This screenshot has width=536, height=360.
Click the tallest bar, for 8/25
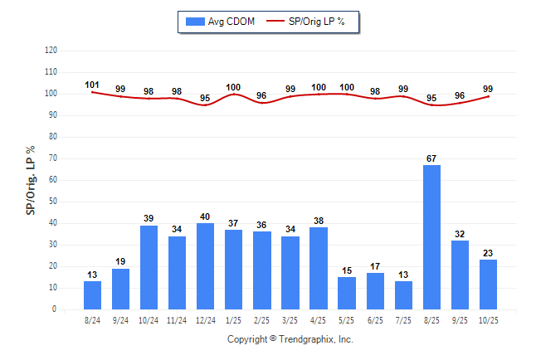[431, 237]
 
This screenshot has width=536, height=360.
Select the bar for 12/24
[205, 266]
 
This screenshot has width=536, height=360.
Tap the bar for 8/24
[92, 295]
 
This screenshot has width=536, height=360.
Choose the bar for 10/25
[488, 285]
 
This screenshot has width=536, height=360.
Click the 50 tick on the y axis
[53, 202]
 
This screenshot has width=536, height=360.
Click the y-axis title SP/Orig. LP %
[31, 179]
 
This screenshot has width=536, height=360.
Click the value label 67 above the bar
[431, 158]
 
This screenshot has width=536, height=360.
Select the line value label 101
[92, 85]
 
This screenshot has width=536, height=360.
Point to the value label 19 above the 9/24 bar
[120, 260]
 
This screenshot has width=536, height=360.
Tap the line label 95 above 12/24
[205, 98]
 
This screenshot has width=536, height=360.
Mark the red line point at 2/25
[261, 102]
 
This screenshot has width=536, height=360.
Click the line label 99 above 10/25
[488, 89]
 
